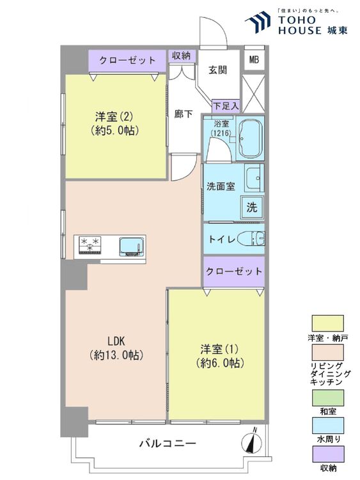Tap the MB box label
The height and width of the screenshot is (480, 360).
[x=254, y=61]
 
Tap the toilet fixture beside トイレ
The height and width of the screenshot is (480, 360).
[x=252, y=238]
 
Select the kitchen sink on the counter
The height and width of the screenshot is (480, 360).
[x=132, y=246]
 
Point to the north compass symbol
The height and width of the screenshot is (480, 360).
[x=253, y=442]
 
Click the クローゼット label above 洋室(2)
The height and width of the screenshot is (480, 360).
[x=128, y=61]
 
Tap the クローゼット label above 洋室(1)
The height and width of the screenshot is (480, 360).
[x=233, y=271]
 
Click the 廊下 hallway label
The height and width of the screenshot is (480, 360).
[x=184, y=114]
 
